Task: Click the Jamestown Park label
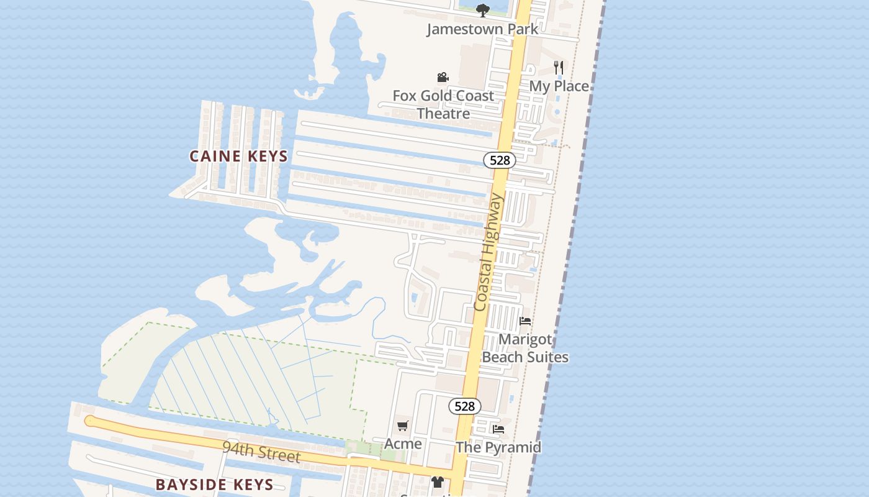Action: (x=482, y=29)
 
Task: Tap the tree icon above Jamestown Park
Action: (x=482, y=11)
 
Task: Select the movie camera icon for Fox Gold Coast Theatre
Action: (x=443, y=78)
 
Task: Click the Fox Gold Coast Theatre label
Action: (x=443, y=104)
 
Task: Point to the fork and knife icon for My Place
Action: (x=559, y=67)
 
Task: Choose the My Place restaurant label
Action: (x=559, y=86)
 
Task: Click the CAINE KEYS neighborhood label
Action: (x=239, y=156)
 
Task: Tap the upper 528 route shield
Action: (x=500, y=160)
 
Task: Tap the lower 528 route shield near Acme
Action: (x=464, y=406)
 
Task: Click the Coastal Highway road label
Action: (x=487, y=252)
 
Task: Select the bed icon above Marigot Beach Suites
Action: (x=525, y=321)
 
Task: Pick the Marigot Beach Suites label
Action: (x=525, y=349)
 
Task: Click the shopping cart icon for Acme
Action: (x=403, y=426)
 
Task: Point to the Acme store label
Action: (x=403, y=444)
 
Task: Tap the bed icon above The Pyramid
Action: (x=498, y=429)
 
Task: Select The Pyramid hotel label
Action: (x=498, y=447)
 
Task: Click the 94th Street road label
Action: (x=261, y=452)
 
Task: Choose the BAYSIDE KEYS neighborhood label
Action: (x=214, y=485)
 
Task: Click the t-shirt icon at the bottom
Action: (x=438, y=482)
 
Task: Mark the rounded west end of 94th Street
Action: (x=89, y=421)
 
